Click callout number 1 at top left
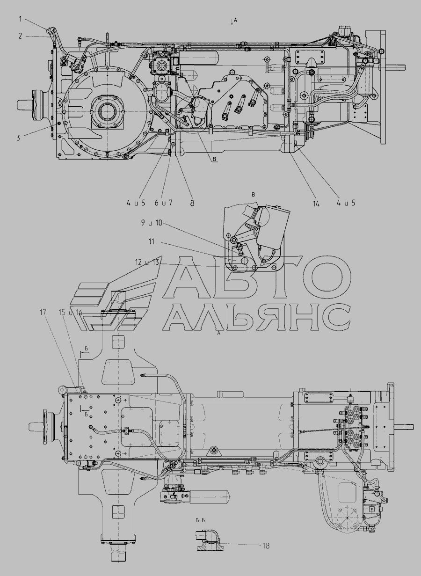pos(20,19)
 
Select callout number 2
pos(20,36)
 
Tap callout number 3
pos(18,138)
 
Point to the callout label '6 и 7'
pos(163,203)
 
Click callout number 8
pos(192,203)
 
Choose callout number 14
pos(316,204)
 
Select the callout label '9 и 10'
pos(152,223)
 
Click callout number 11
pos(152,242)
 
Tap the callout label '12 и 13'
pos(147,262)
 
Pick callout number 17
pos(43,313)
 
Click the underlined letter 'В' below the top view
pos(215,159)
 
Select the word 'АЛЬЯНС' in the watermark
pos(256,317)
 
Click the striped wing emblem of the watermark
pos(117,293)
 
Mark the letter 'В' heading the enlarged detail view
pos(253,195)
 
